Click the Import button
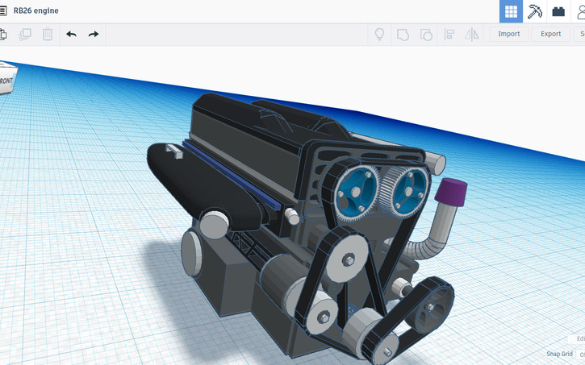pyautogui.click(x=509, y=34)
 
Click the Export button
pyautogui.click(x=550, y=34)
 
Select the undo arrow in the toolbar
pyautogui.click(x=71, y=34)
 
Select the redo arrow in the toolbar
pyautogui.click(x=94, y=34)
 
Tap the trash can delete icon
pyautogui.click(x=48, y=34)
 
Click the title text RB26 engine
pyautogui.click(x=36, y=10)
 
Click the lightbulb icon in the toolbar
pyautogui.click(x=379, y=34)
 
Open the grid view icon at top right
pyautogui.click(x=511, y=11)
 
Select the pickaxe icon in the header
pyautogui.click(x=534, y=11)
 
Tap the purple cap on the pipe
pyautogui.click(x=450, y=192)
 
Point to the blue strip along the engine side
pyautogui.click(x=234, y=176)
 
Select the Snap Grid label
pyautogui.click(x=559, y=354)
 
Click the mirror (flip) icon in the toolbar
pyautogui.click(x=472, y=34)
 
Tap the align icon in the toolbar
pyautogui.click(x=449, y=34)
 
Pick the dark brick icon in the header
pyautogui.click(x=558, y=11)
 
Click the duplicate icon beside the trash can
pyautogui.click(x=25, y=34)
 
